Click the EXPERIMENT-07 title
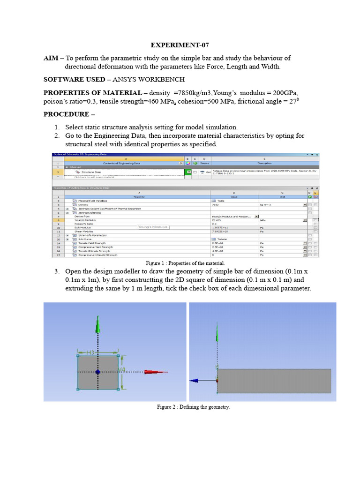(180, 45)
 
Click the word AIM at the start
(51, 58)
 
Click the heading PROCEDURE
(65, 114)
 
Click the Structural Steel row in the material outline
(92, 172)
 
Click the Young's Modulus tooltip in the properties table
(153, 227)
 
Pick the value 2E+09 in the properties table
(218, 219)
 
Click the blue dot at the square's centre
(97, 372)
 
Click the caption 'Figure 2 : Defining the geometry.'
(193, 407)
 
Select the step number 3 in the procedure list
(56, 271)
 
